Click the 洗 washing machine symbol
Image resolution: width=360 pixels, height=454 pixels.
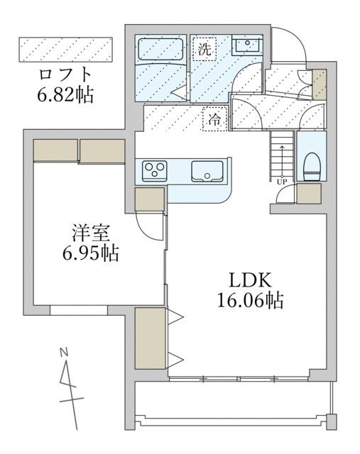click(x=204, y=50)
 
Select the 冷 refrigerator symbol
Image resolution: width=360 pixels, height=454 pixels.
click(x=213, y=120)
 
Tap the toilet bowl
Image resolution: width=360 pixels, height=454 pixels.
click(x=311, y=169)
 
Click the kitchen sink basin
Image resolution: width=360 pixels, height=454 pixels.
click(x=207, y=171)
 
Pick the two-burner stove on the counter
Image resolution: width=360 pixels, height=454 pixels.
click(x=154, y=170)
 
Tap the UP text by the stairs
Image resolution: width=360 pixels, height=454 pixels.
click(x=282, y=180)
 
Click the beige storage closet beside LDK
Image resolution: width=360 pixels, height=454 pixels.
click(x=150, y=338)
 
